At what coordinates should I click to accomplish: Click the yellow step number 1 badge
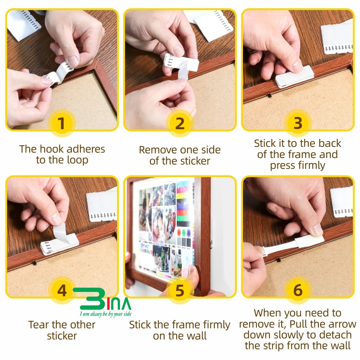click(61, 123)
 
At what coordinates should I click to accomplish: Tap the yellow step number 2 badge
click(180, 123)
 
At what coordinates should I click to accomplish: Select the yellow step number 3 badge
click(298, 123)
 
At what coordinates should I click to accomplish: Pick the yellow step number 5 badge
click(180, 291)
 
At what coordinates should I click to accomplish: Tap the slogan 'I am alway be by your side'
click(106, 314)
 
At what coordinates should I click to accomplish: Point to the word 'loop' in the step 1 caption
click(77, 160)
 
